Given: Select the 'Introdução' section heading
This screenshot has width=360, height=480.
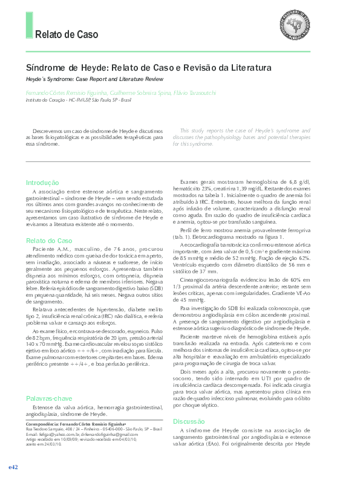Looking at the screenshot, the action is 42,183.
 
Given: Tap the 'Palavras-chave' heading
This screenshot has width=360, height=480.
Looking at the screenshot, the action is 50,399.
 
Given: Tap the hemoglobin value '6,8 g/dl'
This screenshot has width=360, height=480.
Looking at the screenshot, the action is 299,182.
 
